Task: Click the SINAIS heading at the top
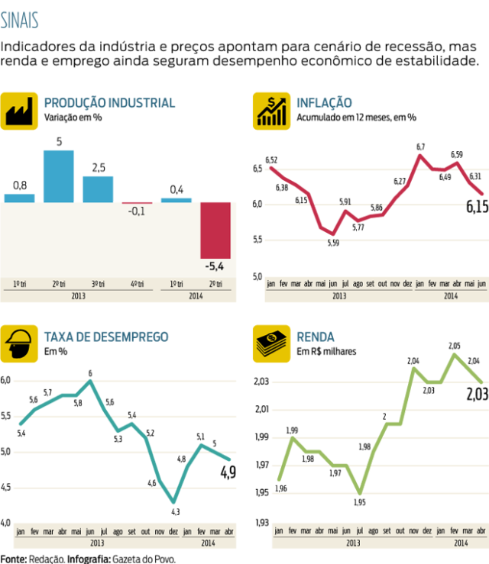pos(21,18)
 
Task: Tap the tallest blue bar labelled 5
pos(59,176)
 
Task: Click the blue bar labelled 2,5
pos(98,189)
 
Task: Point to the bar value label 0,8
pos(20,185)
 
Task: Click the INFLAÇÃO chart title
pos(324,102)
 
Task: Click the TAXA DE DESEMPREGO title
pos(106,337)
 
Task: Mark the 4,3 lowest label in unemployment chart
pos(175,511)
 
